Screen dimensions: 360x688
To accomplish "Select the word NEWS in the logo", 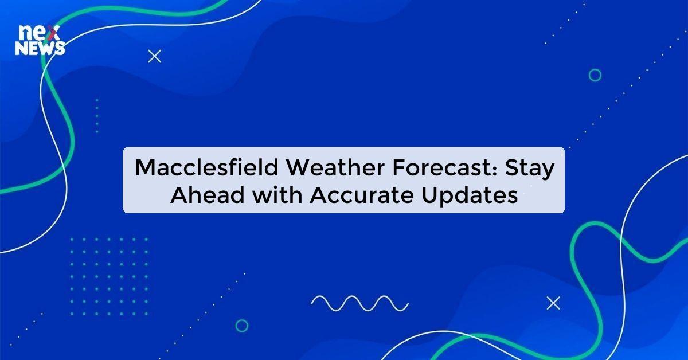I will [x=40, y=49].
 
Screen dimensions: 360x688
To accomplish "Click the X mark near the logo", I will [x=154, y=56].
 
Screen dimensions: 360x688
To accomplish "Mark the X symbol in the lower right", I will [x=553, y=303].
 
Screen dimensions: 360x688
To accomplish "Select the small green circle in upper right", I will [x=595, y=75].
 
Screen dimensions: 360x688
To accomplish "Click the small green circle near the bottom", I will [x=242, y=326].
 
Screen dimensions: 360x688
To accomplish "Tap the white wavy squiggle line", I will [x=359, y=303].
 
